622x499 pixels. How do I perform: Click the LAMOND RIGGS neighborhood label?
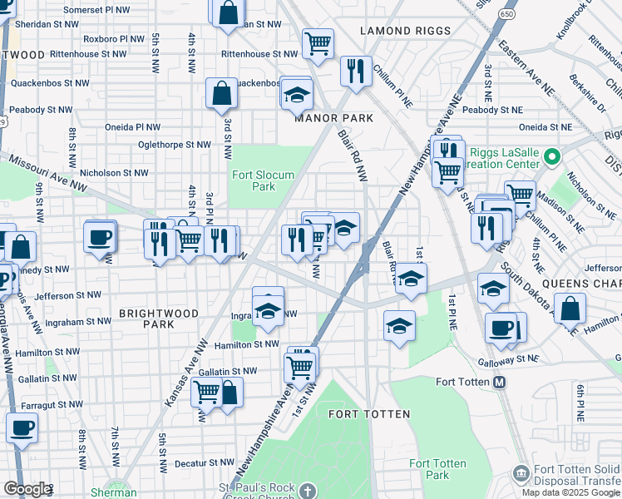[406, 31]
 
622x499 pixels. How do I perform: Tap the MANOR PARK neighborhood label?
[334, 118]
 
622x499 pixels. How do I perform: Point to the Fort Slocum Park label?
[253, 180]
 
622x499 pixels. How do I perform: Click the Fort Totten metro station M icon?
[500, 382]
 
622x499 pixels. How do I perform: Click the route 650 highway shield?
[506, 14]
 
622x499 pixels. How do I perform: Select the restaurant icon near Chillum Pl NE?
[356, 71]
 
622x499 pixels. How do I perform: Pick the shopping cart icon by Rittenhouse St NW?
[318, 43]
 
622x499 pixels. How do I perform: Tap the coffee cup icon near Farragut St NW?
[22, 428]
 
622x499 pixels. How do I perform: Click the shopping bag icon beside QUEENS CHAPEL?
[570, 309]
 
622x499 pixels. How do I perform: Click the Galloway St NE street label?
[510, 360]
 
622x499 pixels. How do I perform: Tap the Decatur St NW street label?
[195, 463]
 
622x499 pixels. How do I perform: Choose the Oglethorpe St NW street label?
[174, 144]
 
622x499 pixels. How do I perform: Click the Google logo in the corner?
[27, 489]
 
